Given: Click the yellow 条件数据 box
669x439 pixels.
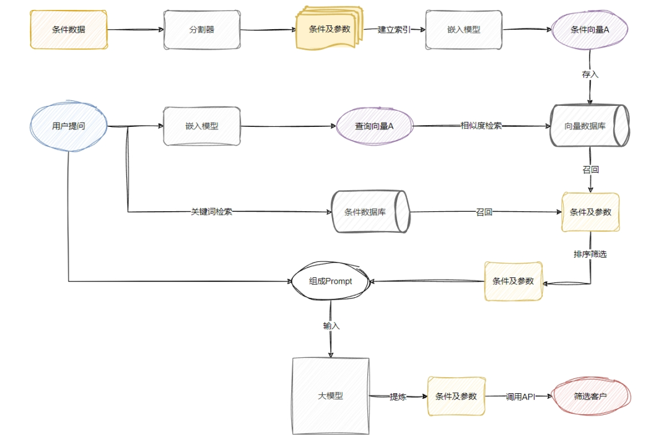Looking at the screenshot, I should (x=68, y=29).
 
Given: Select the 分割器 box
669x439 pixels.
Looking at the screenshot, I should (x=202, y=29).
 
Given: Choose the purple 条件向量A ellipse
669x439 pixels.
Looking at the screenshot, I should (x=590, y=29).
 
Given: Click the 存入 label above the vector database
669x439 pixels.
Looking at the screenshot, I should (x=590, y=74).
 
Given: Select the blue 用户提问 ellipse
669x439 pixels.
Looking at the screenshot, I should (x=68, y=126).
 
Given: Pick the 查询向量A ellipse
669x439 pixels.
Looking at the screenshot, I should (x=374, y=126).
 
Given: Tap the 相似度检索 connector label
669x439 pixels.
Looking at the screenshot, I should (x=481, y=126).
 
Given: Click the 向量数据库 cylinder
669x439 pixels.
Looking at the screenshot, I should (x=590, y=126).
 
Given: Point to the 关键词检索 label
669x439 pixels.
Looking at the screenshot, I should (x=211, y=212).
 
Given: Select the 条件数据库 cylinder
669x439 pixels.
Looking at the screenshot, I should (x=370, y=212).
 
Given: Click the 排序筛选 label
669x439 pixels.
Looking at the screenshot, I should (x=590, y=254).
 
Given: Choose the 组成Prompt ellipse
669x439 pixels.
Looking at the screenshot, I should (x=330, y=281).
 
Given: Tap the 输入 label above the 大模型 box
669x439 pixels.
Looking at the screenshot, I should (x=331, y=326).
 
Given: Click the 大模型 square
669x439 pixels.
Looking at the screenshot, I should (x=330, y=396).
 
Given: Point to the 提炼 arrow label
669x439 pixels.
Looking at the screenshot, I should (x=398, y=396).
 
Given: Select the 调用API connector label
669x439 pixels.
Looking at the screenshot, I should (x=520, y=396).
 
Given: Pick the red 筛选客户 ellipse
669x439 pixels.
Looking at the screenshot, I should (x=590, y=396).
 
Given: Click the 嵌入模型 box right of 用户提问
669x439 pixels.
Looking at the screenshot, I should (x=202, y=126).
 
